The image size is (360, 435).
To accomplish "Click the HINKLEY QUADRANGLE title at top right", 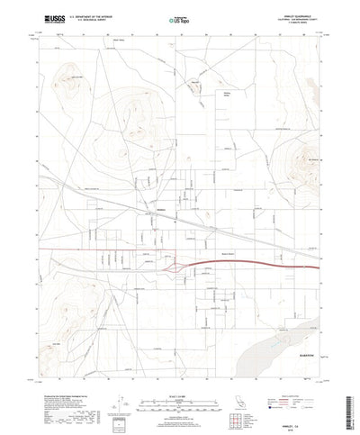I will pyautogui.click(x=298, y=14).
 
